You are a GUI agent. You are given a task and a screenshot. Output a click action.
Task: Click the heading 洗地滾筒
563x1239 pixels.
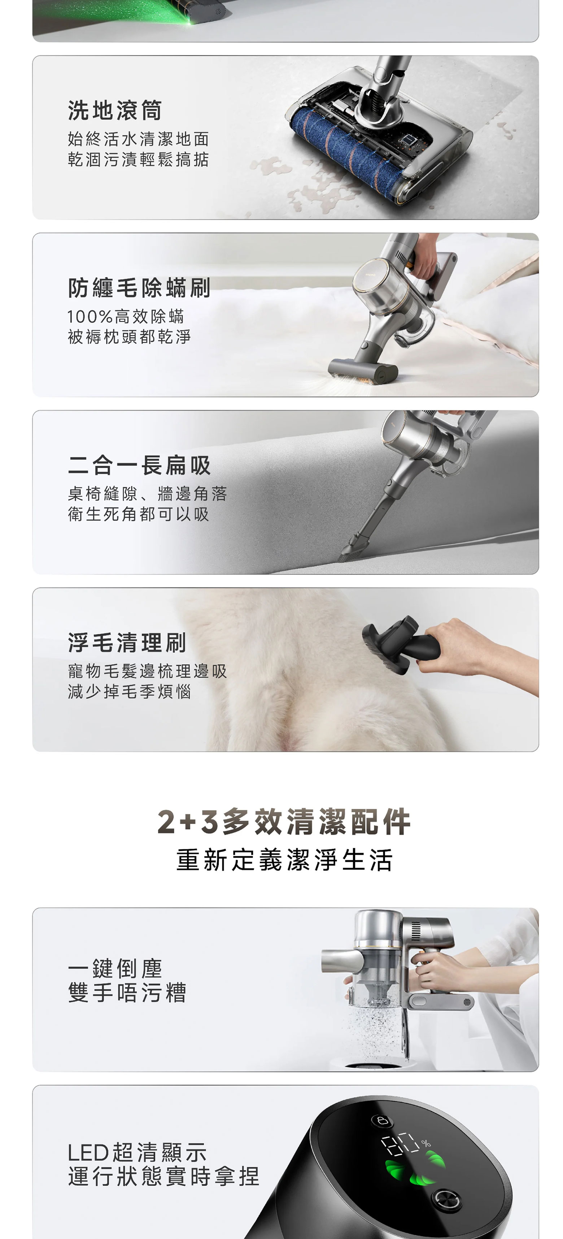tap(115, 110)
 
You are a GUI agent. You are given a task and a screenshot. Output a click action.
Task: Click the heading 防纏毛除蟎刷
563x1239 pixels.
tap(139, 288)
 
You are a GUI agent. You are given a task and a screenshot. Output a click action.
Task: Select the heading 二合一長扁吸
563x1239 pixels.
tap(139, 465)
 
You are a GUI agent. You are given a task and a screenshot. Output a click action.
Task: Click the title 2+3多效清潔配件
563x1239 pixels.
tap(284, 822)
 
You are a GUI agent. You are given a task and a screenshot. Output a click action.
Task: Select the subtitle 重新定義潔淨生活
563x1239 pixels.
tap(284, 860)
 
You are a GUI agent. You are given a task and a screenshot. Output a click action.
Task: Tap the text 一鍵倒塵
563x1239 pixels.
tap(115, 969)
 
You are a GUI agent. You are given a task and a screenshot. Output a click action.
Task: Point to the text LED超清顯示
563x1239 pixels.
tap(138, 1152)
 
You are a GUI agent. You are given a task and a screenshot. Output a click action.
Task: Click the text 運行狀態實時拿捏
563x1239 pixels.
tap(164, 1176)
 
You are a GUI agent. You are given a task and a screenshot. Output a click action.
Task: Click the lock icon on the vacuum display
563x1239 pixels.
tap(383, 1121)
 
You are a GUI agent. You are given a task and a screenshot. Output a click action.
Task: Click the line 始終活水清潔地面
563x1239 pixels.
tap(138, 139)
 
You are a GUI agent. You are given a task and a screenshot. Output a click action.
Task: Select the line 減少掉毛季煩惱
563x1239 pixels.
tap(130, 692)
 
